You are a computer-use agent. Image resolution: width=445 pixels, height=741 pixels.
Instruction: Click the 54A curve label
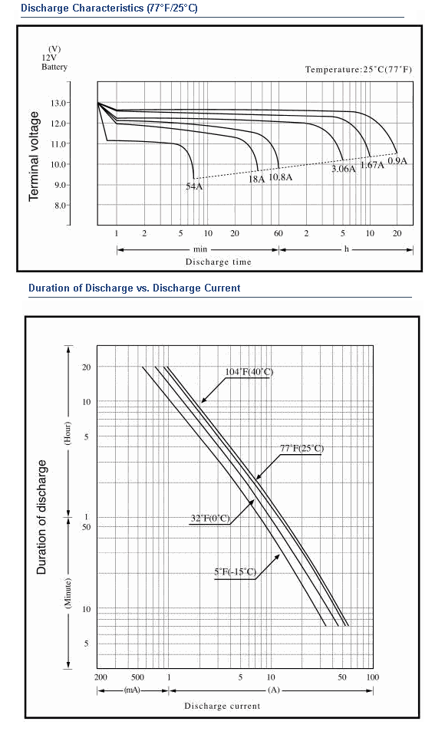point(194,186)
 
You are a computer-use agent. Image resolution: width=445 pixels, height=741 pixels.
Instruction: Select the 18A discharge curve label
point(256,179)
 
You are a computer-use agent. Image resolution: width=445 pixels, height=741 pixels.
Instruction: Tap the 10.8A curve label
point(281,177)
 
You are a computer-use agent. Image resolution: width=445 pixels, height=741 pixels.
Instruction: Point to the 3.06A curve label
point(343,169)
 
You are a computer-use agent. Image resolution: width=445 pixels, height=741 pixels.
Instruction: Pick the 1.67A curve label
point(372,164)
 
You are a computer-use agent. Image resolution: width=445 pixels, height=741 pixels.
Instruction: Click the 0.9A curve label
point(397,160)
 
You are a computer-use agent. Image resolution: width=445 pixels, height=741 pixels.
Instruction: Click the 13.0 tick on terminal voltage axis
point(63,103)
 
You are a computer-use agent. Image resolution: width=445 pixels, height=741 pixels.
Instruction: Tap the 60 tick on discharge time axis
point(279,233)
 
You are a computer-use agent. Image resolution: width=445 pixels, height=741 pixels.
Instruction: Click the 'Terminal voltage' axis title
point(34,156)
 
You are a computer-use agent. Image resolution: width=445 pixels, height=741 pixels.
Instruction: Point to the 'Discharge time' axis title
point(218,262)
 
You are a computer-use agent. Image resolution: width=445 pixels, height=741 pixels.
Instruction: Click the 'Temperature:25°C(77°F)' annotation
point(358,70)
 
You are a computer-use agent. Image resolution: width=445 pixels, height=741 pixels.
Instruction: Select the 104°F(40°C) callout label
point(249,372)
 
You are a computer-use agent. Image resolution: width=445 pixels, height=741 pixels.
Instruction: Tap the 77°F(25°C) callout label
point(302,449)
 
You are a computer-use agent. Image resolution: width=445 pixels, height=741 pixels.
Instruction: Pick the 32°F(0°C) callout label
point(210,519)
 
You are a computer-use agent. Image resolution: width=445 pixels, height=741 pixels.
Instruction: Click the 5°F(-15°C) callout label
point(235,571)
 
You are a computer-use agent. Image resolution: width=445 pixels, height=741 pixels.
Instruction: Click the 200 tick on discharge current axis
point(101,677)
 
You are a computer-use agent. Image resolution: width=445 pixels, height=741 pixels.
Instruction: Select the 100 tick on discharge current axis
point(373,677)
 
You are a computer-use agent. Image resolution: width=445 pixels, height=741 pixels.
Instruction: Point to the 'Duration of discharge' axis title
point(42,517)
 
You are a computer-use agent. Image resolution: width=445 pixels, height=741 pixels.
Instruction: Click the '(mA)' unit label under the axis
point(133,690)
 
